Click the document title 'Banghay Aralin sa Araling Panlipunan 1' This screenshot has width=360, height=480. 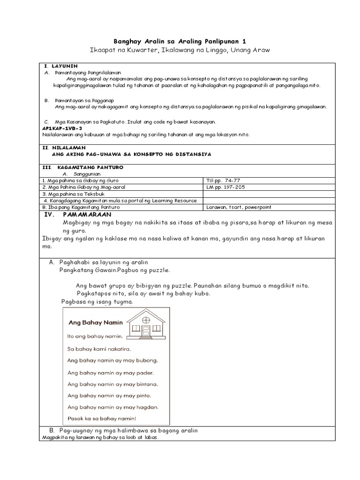click(180, 41)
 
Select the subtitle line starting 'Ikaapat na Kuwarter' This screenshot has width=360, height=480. click(180, 51)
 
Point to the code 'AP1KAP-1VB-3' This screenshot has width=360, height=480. click(62, 128)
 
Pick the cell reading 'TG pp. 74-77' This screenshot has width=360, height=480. click(222, 180)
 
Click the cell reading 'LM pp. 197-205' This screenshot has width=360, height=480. click(225, 187)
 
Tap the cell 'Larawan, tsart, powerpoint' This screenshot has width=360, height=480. click(239, 207)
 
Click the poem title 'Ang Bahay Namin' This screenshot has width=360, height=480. click(95, 322)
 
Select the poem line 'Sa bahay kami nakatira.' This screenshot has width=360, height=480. click(99, 349)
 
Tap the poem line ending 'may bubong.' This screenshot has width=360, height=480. click(112, 360)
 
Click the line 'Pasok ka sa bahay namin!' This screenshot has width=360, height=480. click(102, 419)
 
